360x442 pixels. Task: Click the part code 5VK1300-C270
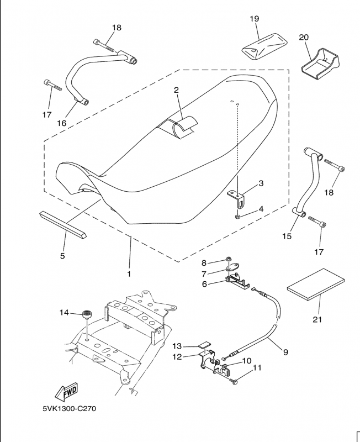click(x=72, y=410)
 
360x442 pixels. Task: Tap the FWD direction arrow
click(x=66, y=392)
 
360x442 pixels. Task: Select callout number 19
click(x=254, y=19)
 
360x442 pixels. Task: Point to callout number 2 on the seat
click(x=177, y=90)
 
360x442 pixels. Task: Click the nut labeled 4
click(x=237, y=216)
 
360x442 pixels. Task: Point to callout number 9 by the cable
click(x=285, y=350)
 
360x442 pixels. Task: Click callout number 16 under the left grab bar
click(x=61, y=123)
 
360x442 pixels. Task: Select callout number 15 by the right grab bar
click(x=287, y=236)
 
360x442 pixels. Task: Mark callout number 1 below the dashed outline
click(x=129, y=273)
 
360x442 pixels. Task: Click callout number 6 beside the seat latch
click(x=204, y=284)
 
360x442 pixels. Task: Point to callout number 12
click(x=177, y=356)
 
